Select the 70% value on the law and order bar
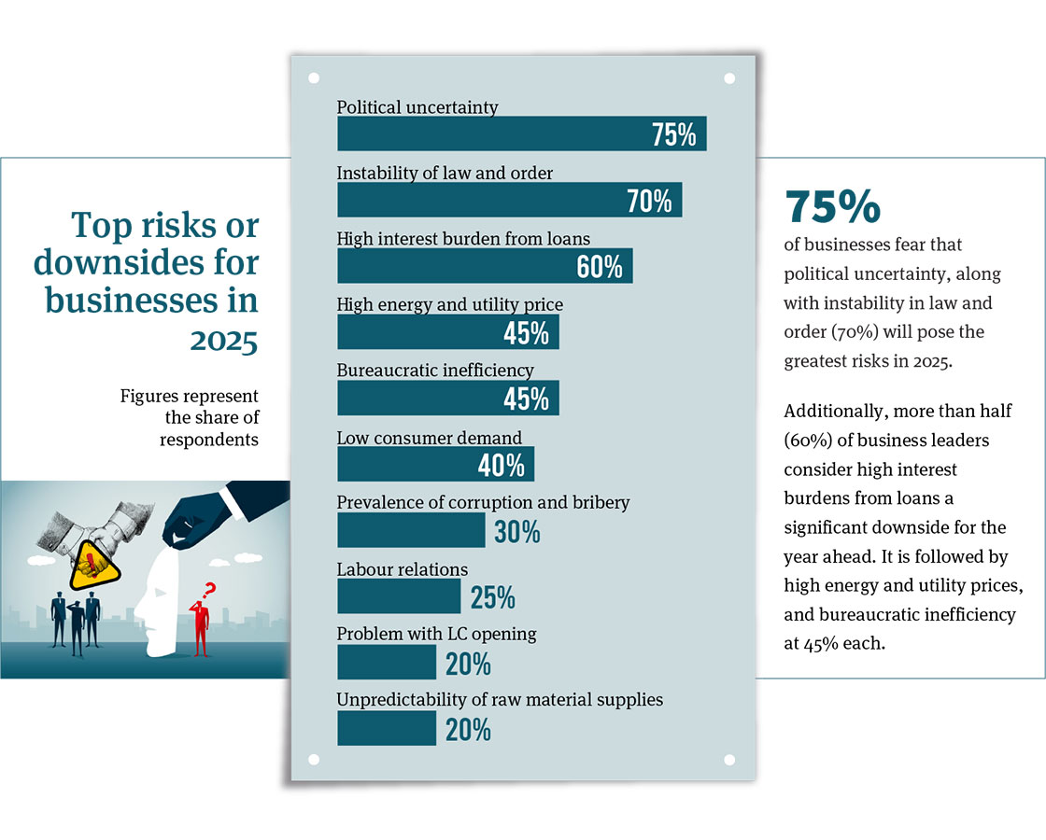click(x=649, y=201)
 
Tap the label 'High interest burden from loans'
click(x=463, y=239)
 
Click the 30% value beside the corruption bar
click(x=517, y=532)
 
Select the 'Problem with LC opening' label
click(x=436, y=634)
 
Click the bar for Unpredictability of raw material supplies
click(x=386, y=728)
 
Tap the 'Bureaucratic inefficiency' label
click(x=435, y=371)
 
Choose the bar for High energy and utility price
click(x=420, y=331)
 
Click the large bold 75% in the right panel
click(x=832, y=207)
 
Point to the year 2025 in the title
click(x=224, y=342)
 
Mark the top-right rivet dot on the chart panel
click(x=729, y=78)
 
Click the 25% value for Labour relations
click(x=492, y=597)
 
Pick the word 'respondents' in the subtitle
click(x=209, y=439)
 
